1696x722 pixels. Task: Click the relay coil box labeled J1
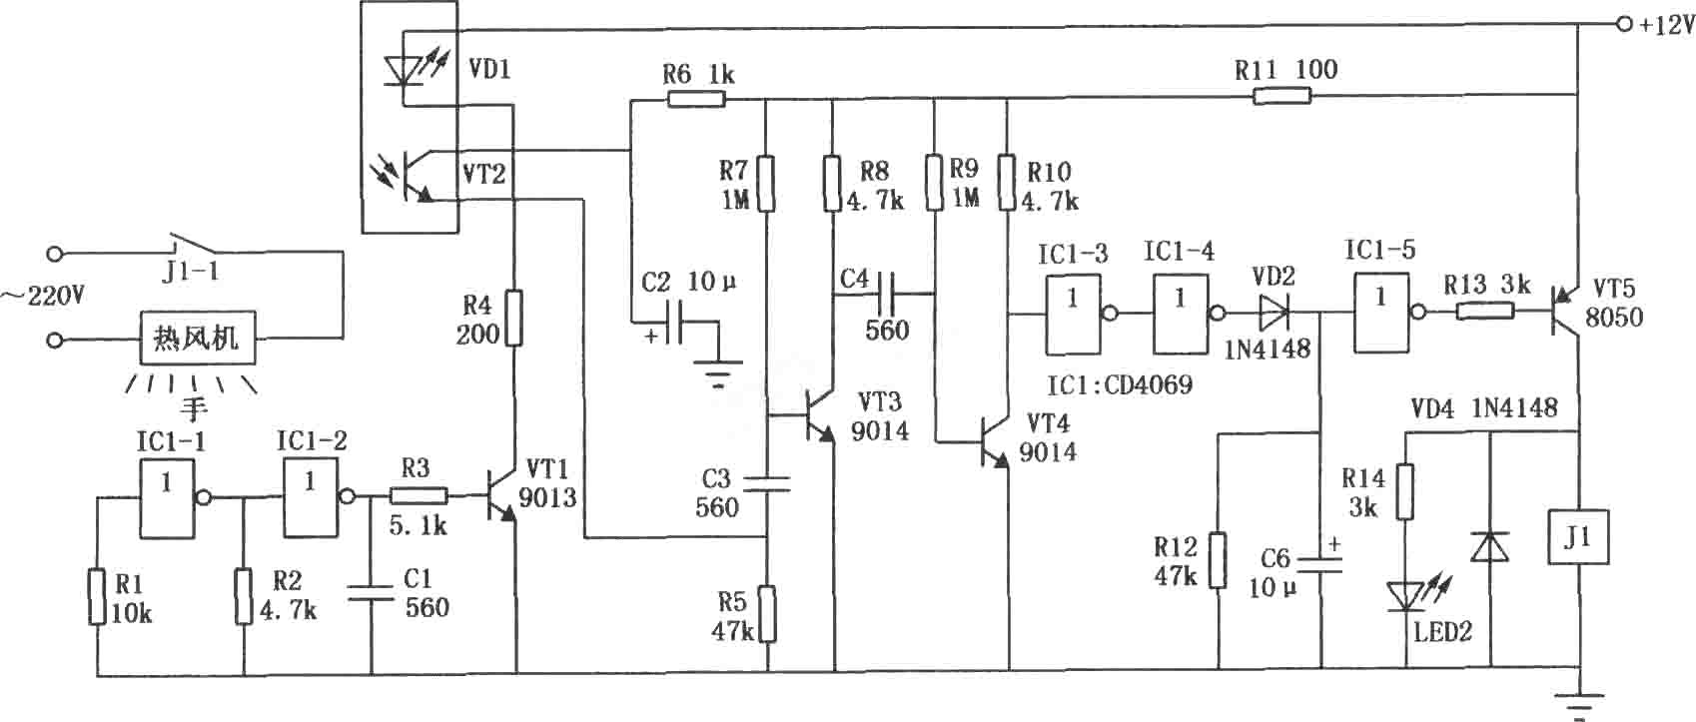pyautogui.click(x=1578, y=537)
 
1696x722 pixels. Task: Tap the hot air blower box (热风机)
pyautogui.click(x=197, y=338)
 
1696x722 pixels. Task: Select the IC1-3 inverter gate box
pyautogui.click(x=1073, y=315)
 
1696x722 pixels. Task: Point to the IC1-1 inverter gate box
pyautogui.click(x=167, y=499)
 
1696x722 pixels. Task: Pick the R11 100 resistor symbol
pyautogui.click(x=1281, y=96)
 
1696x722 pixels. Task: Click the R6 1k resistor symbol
pyautogui.click(x=696, y=99)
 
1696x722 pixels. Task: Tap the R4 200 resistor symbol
pyautogui.click(x=514, y=318)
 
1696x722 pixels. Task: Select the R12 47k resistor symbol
pyautogui.click(x=1218, y=560)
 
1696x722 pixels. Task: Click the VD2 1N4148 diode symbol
pyautogui.click(x=1273, y=312)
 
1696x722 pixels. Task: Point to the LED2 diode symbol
pyautogui.click(x=1406, y=595)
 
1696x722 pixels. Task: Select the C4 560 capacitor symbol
pyautogui.click(x=885, y=294)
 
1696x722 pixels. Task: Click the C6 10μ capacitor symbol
pyautogui.click(x=1321, y=564)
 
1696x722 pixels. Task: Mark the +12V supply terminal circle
pyautogui.click(x=1623, y=24)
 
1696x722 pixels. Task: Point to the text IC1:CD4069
pyautogui.click(x=1119, y=385)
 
